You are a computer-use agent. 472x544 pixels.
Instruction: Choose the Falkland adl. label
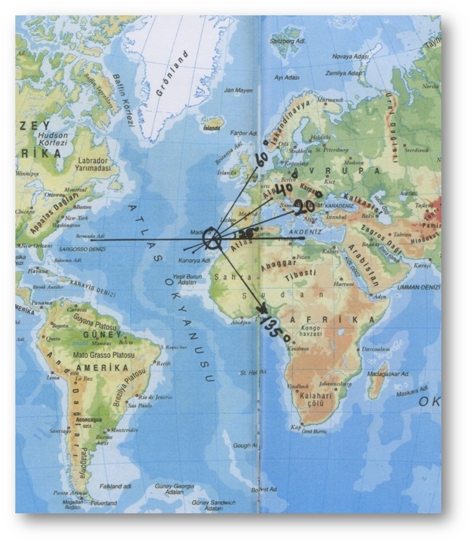click(116, 486)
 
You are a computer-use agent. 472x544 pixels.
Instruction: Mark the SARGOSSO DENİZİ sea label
click(55, 249)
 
